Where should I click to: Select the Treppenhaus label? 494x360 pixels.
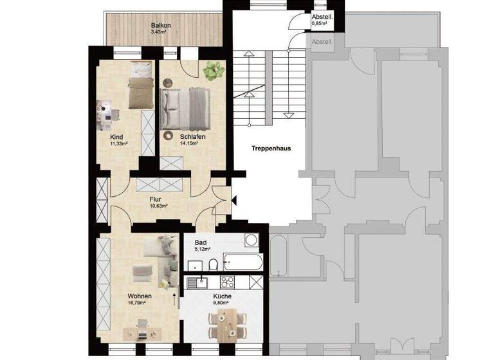[x=271, y=147]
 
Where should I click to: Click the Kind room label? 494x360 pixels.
[x=116, y=137]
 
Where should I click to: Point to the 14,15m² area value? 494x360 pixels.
[x=188, y=143]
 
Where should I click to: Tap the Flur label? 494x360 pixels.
[x=156, y=199]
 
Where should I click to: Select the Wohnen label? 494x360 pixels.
[x=139, y=296]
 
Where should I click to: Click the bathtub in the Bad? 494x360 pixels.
[x=242, y=262]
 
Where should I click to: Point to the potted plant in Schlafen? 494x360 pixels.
[x=212, y=70]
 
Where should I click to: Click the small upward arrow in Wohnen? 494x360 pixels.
[x=174, y=298]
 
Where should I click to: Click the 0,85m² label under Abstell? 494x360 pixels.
[x=319, y=23]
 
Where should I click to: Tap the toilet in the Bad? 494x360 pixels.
[x=212, y=264]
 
